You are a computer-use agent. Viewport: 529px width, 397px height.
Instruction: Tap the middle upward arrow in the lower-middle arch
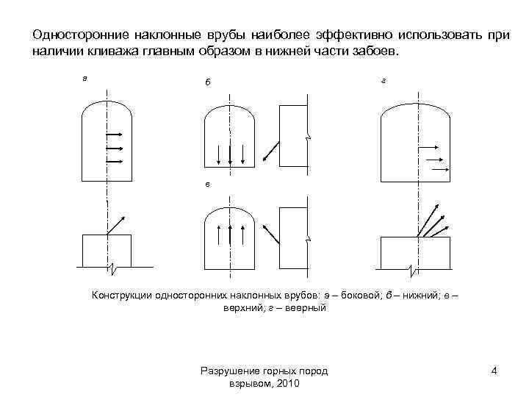point(231,237)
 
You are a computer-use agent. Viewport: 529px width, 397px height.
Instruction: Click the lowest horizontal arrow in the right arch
point(439,169)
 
